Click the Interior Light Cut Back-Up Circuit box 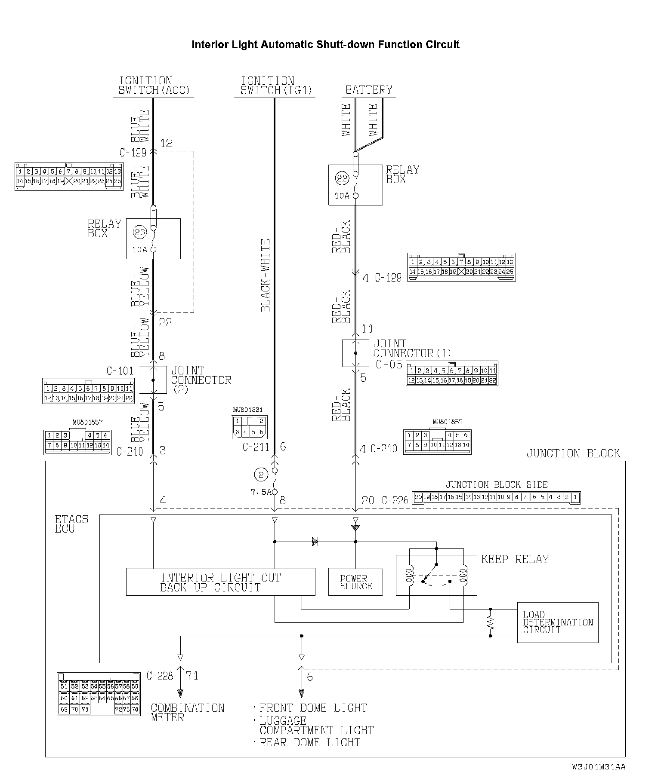220,582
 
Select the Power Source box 355,582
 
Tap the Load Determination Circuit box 558,622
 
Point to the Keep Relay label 515,559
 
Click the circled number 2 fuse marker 261,475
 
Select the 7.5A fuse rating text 261,492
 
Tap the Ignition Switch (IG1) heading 275,86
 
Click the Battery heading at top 369,90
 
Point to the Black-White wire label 266,275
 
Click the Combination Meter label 188,712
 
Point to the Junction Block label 573,453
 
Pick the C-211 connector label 256,447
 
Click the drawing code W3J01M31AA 599,767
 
